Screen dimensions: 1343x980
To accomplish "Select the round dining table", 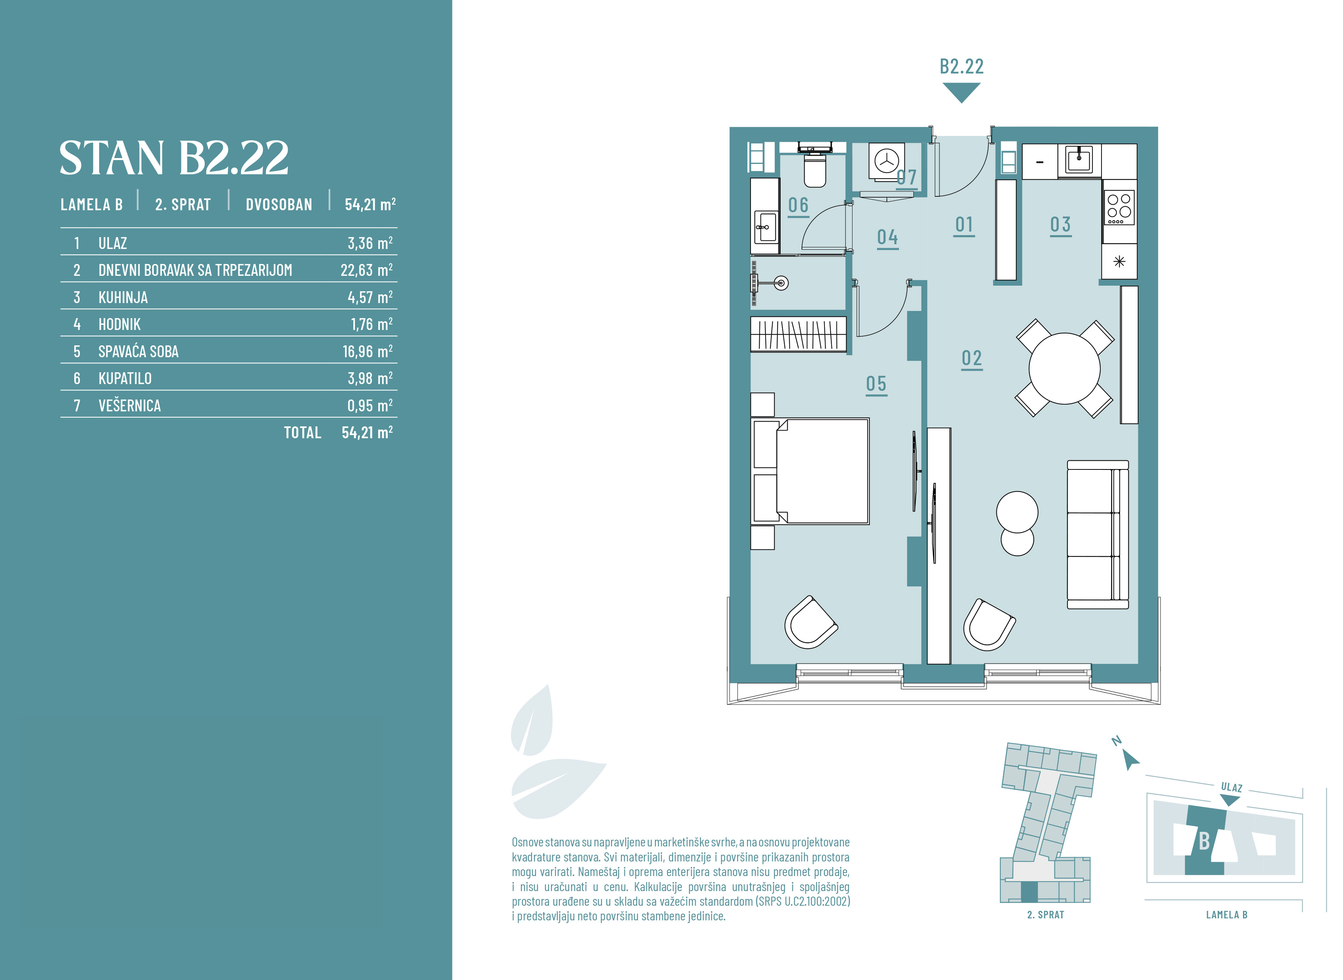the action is pos(1064,368).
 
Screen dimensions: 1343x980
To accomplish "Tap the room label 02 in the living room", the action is pos(971,359).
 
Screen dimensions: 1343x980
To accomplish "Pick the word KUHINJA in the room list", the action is pos(123,297).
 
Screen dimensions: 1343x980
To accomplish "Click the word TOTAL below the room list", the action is pos(302,432).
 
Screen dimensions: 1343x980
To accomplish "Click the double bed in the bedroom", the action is pos(810,471).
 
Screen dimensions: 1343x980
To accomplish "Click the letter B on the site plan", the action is pos(1204,841).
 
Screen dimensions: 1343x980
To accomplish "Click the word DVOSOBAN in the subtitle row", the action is pos(279,205).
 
